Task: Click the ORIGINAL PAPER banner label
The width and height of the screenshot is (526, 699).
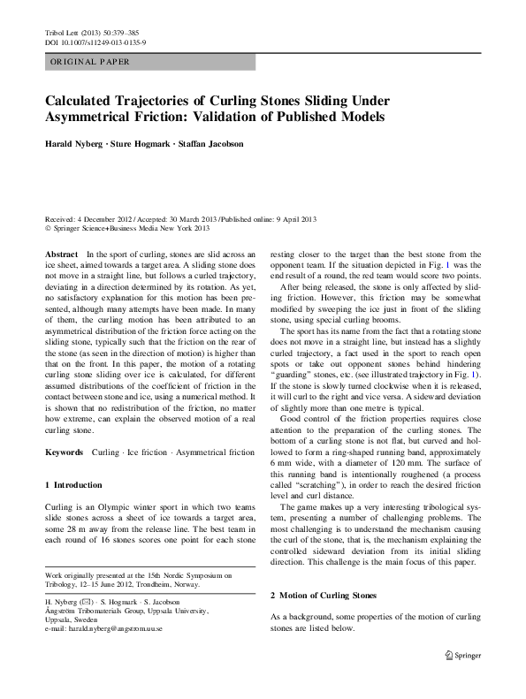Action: click(x=88, y=62)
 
